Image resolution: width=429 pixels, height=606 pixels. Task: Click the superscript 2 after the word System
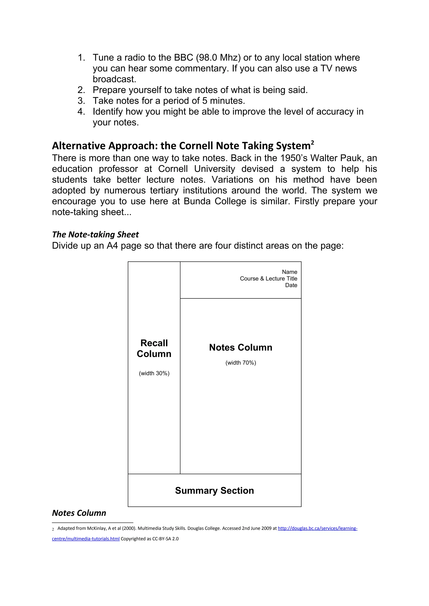(313, 143)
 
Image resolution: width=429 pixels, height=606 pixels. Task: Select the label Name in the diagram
(289, 272)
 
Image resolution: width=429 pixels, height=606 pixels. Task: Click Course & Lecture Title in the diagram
(268, 279)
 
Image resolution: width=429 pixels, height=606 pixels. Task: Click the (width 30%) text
(154, 373)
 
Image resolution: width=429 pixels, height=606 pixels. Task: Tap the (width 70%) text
(240, 363)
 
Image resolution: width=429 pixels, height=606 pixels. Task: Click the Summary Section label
(214, 490)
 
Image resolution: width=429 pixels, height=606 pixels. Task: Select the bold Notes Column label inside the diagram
(240, 347)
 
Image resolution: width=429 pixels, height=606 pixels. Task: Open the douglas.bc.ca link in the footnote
(317, 528)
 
